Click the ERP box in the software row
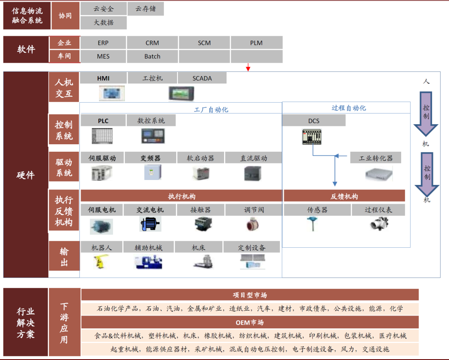click(103, 43)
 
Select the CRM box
click(152, 43)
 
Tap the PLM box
click(256, 43)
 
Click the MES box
click(103, 57)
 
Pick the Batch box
click(152, 57)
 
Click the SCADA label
click(202, 78)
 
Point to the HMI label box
click(103, 78)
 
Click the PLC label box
click(103, 121)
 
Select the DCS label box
click(314, 121)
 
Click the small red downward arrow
click(248, 67)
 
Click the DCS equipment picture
click(312, 137)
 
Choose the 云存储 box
click(146, 9)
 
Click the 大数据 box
click(104, 22)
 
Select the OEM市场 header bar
click(250, 323)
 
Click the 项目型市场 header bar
click(250, 295)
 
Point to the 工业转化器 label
click(376, 158)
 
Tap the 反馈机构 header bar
click(344, 196)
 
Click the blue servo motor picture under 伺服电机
click(101, 226)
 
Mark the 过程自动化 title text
click(349, 108)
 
